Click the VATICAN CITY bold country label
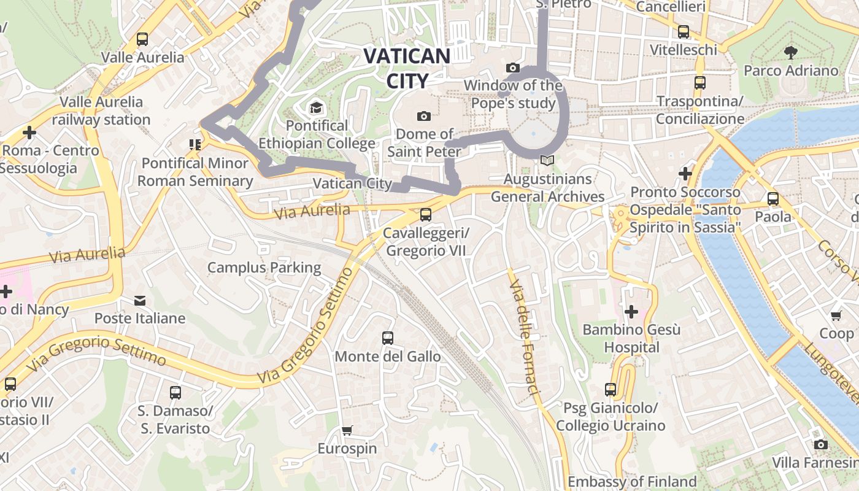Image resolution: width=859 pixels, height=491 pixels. tap(407, 68)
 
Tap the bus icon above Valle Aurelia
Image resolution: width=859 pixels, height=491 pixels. tap(142, 39)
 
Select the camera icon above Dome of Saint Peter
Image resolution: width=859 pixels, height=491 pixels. tap(423, 116)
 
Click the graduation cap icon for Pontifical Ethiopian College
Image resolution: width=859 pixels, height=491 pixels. tap(316, 108)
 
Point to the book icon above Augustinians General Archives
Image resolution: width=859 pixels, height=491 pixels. tap(547, 161)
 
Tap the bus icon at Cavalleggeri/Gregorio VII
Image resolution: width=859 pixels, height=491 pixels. tap(425, 215)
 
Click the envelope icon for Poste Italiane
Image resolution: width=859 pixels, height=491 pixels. tap(140, 301)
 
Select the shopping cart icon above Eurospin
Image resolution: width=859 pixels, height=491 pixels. tap(347, 430)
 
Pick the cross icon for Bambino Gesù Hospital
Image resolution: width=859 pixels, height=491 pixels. tap(631, 312)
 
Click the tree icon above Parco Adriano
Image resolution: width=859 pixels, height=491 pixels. tap(791, 52)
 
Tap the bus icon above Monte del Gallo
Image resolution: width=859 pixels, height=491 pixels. tap(387, 338)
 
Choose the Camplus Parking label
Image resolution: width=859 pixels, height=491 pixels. tap(264, 268)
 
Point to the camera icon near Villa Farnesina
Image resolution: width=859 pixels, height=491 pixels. tap(820, 444)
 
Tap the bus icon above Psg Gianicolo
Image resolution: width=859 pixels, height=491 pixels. tap(610, 389)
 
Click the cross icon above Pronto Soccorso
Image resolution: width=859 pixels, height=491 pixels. tap(685, 174)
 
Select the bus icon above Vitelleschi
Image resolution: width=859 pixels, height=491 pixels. tap(683, 31)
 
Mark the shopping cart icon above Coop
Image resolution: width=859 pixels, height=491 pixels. tap(836, 315)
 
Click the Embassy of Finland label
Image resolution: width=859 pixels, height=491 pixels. tap(632, 481)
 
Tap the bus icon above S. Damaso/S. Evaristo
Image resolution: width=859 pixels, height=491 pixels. tap(175, 392)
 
